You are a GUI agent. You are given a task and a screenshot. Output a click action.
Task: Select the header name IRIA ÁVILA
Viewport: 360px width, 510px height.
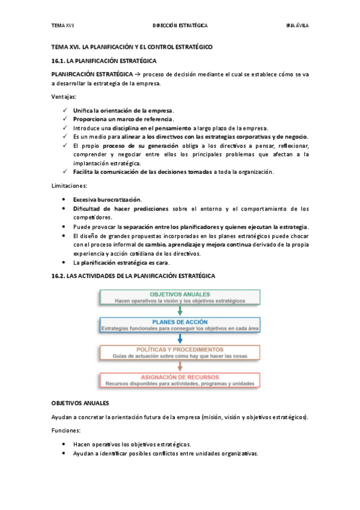[297, 26]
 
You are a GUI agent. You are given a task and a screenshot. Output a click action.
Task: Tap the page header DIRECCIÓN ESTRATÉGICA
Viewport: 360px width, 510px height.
[180, 26]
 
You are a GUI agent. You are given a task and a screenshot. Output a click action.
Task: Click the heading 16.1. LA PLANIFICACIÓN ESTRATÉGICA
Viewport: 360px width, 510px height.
[103, 61]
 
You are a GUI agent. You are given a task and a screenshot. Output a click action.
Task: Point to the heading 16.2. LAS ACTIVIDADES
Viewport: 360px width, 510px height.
[132, 275]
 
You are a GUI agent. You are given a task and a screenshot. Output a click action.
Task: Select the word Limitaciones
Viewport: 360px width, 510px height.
[69, 185]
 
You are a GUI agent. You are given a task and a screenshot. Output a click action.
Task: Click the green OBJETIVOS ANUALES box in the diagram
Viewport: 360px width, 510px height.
[180, 297]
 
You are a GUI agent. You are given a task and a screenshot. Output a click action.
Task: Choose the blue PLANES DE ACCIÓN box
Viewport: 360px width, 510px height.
[180, 325]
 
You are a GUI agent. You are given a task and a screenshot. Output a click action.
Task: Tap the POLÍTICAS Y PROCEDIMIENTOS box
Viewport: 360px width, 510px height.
[180, 352]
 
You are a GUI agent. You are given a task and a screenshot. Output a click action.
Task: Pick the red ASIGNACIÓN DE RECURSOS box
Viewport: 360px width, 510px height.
[180, 380]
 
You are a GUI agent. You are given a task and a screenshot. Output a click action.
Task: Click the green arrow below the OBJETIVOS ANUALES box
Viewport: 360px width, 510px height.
[180, 311]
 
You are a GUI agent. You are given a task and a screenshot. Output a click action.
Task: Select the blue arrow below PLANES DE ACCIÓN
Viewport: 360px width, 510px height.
[180, 339]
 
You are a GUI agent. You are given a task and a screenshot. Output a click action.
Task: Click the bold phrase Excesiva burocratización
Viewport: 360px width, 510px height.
[108, 199]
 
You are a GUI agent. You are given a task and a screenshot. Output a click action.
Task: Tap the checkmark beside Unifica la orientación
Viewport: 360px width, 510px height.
[64, 111]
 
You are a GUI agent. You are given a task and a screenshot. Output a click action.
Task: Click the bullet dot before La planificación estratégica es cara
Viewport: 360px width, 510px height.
[64, 263]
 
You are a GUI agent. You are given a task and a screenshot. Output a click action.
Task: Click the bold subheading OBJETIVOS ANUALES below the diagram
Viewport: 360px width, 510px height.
[80, 403]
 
